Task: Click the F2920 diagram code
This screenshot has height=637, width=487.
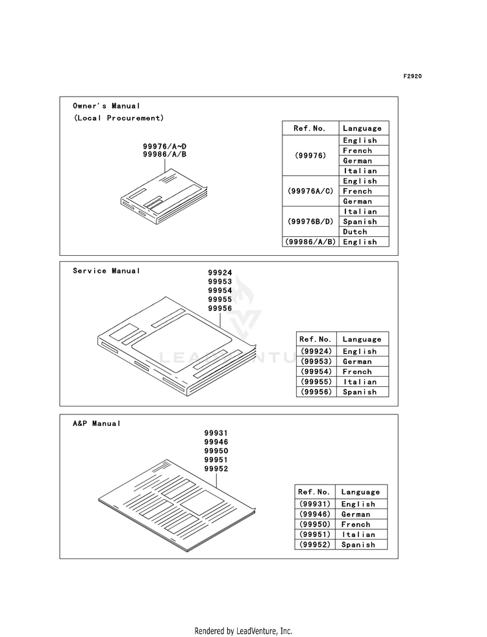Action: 412,77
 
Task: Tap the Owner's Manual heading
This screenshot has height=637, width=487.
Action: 106,106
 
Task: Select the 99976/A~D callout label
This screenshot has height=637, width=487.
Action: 164,146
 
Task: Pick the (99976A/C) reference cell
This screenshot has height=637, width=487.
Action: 310,191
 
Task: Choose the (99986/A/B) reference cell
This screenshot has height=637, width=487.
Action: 310,242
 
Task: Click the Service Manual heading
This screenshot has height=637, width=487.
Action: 106,271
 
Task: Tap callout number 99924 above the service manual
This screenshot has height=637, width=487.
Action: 219,273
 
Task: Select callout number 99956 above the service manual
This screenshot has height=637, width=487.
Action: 219,308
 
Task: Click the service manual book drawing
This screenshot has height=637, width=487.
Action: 177,346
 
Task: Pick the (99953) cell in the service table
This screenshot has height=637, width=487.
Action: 316,362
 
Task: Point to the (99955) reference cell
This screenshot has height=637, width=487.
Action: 316,382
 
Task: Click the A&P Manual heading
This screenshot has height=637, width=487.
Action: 97,424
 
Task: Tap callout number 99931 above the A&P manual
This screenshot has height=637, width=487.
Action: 216,433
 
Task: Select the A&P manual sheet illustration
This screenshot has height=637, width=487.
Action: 177,506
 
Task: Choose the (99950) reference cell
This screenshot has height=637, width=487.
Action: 315,525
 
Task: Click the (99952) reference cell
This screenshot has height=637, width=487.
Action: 315,545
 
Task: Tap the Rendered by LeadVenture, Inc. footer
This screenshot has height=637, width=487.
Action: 243,631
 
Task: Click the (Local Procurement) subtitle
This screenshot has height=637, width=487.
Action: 119,118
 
